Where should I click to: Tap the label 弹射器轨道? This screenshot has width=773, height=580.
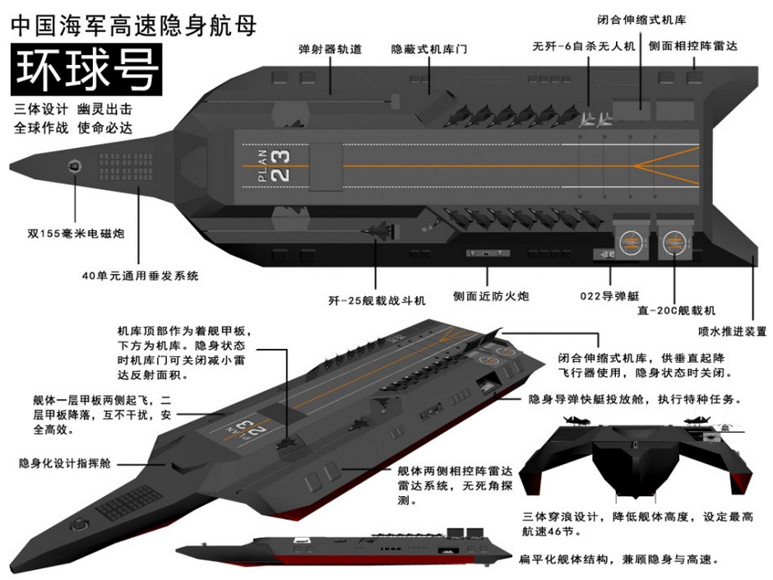331,49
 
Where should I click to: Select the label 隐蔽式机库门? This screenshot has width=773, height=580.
428,49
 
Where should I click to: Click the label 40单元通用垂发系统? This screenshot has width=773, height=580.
140,276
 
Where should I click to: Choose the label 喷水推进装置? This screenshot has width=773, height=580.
732,332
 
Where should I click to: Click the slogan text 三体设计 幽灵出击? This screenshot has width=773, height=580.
72,109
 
